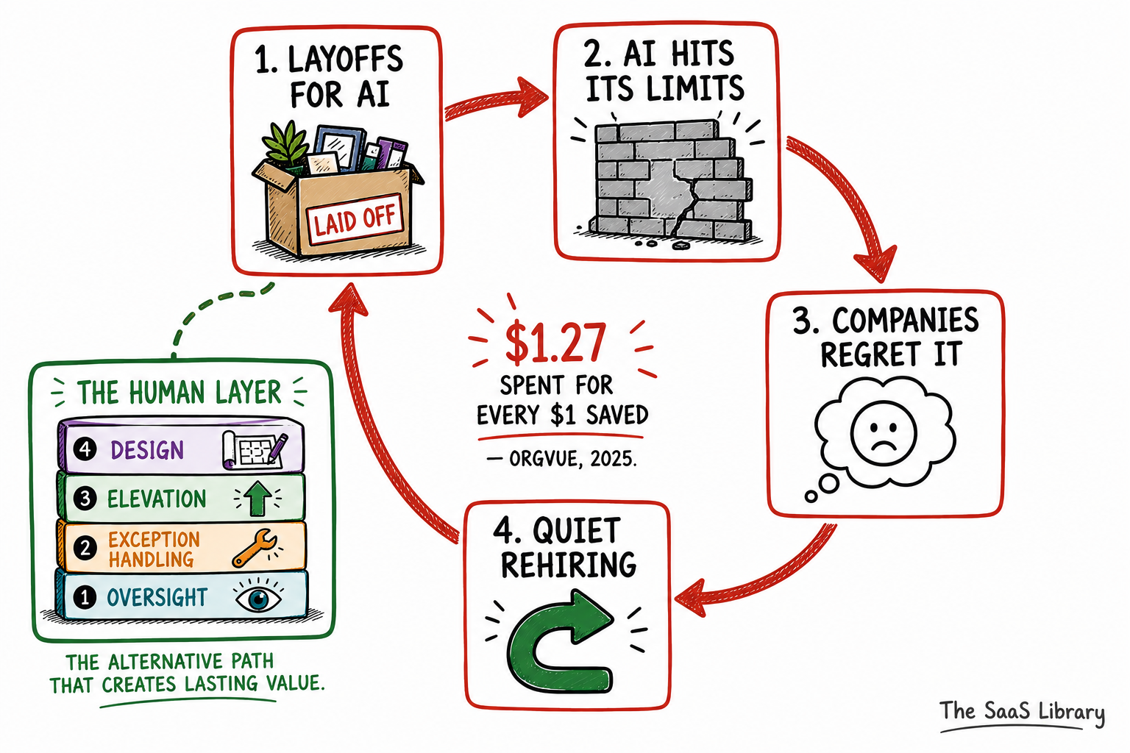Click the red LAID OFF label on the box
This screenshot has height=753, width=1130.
355,219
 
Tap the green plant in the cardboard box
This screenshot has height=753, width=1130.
285,143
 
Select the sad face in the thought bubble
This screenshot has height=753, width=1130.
883,432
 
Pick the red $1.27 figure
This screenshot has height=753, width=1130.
555,343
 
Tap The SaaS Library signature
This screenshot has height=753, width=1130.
1022,712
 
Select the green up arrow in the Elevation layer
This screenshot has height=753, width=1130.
257,498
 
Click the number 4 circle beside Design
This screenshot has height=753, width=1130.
85,449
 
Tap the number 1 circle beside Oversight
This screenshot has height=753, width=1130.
85,597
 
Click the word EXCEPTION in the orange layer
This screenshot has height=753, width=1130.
154,540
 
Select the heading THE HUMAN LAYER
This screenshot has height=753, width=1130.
179,393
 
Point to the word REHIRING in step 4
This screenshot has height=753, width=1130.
568,565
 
